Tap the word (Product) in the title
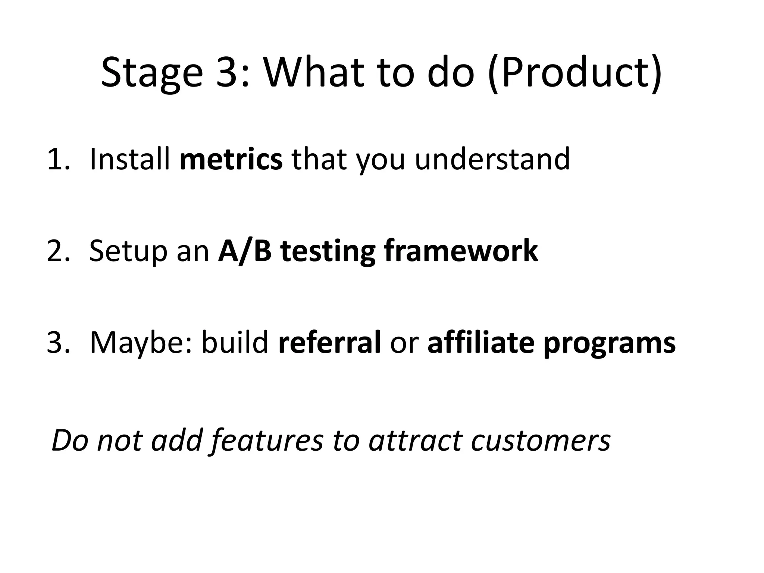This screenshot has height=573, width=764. click(x=575, y=73)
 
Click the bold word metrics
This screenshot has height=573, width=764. click(x=231, y=160)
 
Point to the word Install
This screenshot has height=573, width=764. click(x=130, y=160)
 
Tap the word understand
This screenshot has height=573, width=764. click(x=492, y=160)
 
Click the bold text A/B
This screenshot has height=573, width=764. click(x=245, y=251)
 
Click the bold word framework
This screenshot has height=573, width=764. click(x=461, y=251)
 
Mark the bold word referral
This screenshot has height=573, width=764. click(x=329, y=342)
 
